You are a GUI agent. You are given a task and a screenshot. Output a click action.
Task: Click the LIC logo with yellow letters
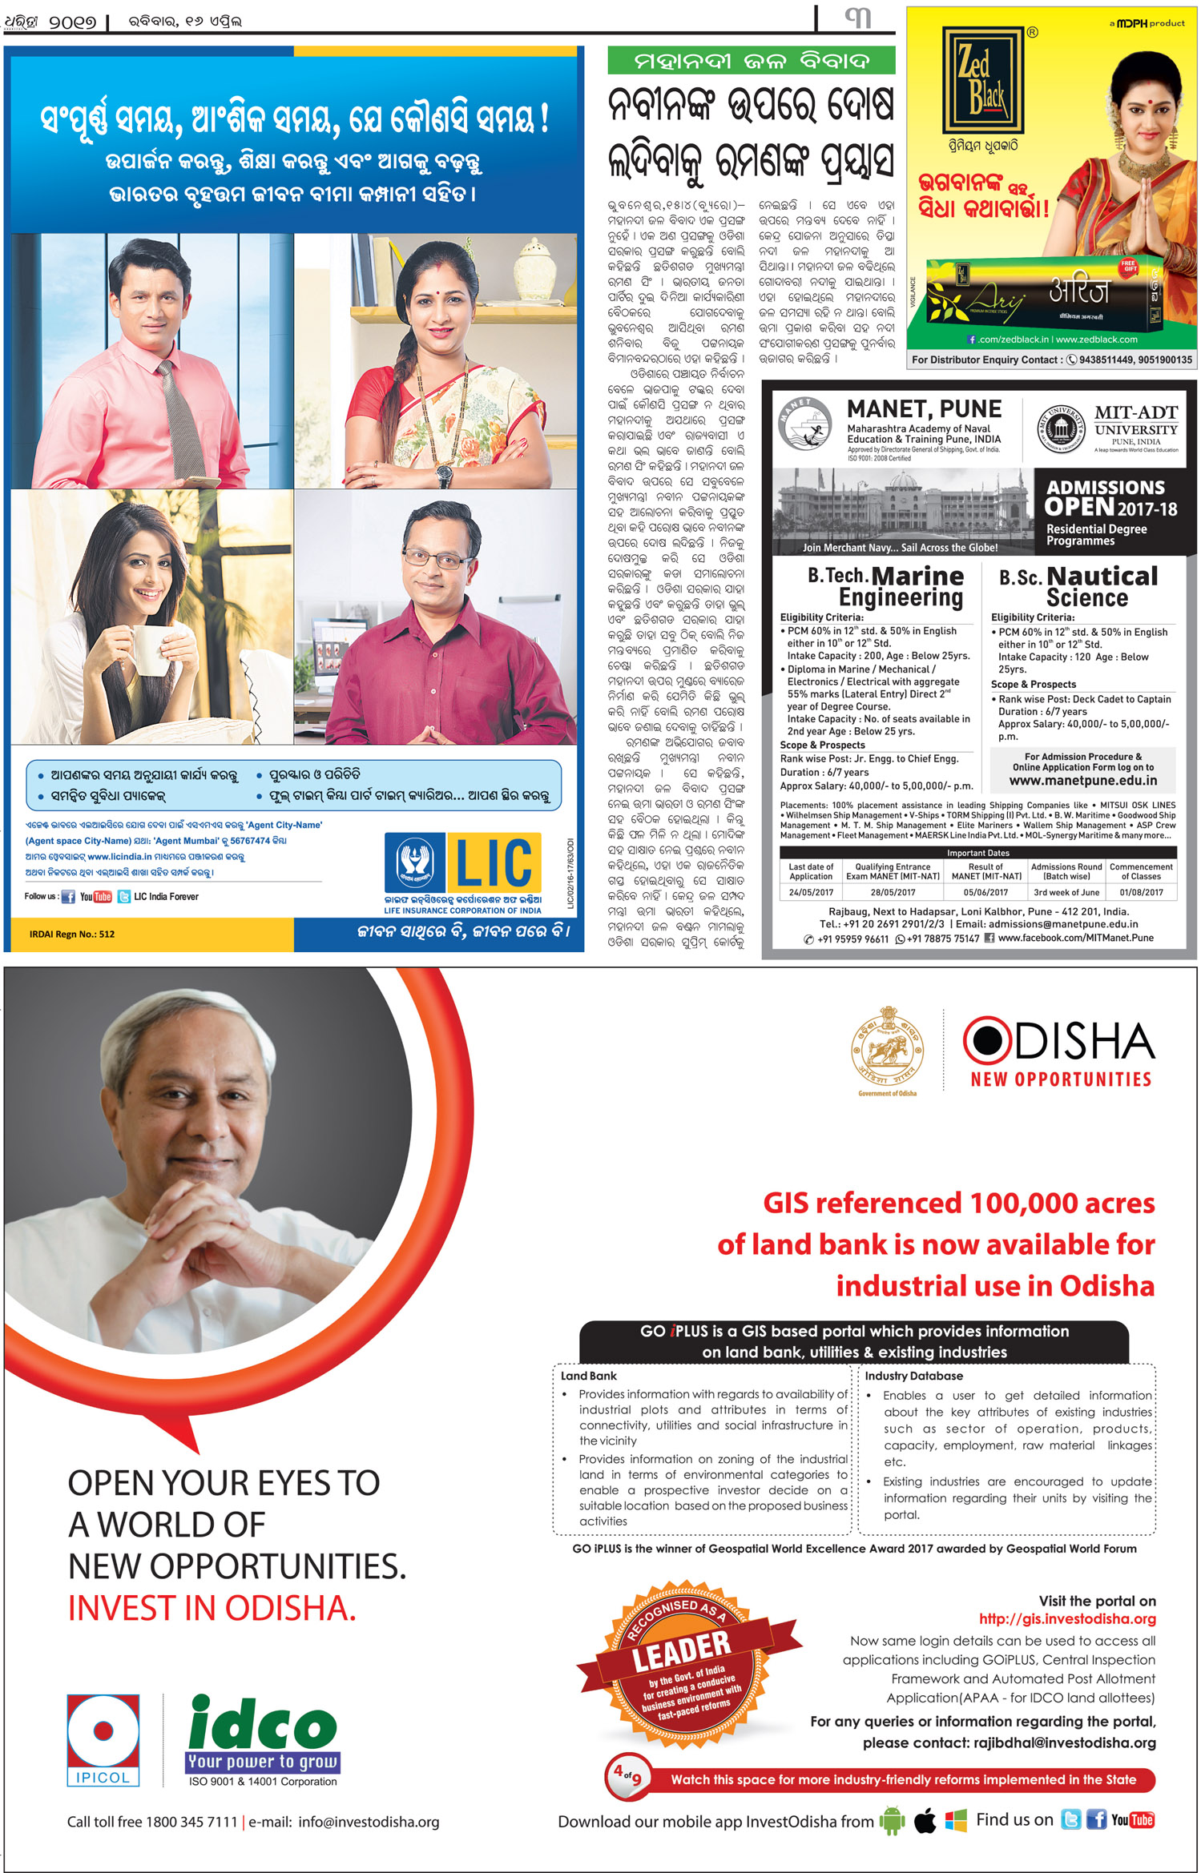tap(463, 863)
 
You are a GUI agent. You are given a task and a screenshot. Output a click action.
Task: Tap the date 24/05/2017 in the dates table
tap(811, 892)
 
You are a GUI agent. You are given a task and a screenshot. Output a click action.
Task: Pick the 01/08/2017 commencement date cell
tap(1141, 892)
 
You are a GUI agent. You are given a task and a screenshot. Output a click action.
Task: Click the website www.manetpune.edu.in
tap(1082, 781)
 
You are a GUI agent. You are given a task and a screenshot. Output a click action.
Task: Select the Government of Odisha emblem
tap(887, 1049)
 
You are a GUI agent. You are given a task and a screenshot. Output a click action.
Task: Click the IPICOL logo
tap(103, 1739)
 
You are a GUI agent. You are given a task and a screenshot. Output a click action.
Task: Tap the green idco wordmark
tap(263, 1724)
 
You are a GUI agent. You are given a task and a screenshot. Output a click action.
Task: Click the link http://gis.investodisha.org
tap(1067, 1619)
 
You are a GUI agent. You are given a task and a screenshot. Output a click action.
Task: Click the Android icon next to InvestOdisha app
tap(891, 1820)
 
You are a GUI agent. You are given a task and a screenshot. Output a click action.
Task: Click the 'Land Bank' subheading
tap(589, 1376)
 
